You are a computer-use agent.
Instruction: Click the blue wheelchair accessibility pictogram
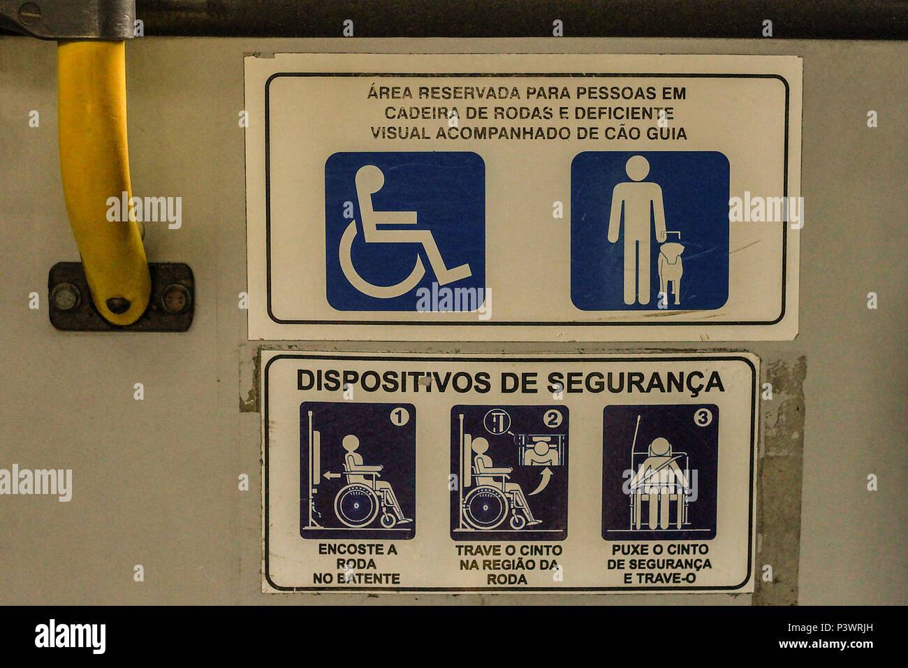404,231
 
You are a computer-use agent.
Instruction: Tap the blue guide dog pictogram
650,231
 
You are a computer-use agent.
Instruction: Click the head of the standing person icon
636,168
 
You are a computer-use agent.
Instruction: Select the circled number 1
399,418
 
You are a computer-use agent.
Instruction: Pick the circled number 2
552,419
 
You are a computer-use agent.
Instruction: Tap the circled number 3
702,418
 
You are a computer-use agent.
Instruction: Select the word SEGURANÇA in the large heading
635,382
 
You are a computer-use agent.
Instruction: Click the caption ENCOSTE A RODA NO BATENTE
357,564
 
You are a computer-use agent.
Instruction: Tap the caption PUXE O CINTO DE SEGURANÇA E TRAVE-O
659,564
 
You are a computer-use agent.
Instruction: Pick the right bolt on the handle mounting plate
176,298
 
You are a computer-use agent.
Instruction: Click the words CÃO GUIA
650,133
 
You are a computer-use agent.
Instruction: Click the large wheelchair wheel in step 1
356,505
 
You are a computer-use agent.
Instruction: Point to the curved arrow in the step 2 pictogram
539,481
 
